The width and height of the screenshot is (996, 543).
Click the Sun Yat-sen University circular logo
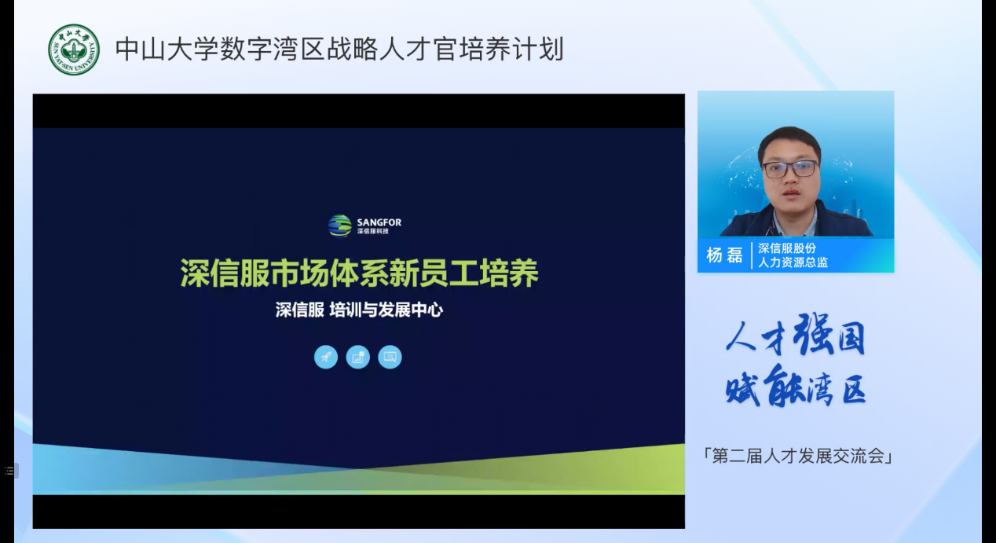pyautogui.click(x=74, y=50)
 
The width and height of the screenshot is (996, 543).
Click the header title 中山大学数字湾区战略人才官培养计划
pyautogui.click(x=340, y=49)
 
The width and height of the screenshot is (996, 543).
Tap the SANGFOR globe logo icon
pyautogui.click(x=339, y=226)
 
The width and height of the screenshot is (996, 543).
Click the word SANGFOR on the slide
pyautogui.click(x=379, y=222)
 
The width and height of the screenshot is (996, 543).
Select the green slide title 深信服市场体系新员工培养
pyautogui.click(x=359, y=273)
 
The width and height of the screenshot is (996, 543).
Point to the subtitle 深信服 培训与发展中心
pyautogui.click(x=359, y=310)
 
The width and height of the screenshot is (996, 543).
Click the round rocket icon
pyautogui.click(x=326, y=357)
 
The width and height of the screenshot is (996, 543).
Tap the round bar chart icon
pyautogui.click(x=358, y=357)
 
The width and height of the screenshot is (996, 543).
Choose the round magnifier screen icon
pyautogui.click(x=390, y=357)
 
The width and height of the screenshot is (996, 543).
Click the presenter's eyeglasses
pyautogui.click(x=790, y=168)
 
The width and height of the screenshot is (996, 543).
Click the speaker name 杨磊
pyautogui.click(x=725, y=255)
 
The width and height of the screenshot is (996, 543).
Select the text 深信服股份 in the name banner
pyautogui.click(x=787, y=248)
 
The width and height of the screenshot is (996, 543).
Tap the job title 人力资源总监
pyautogui.click(x=793, y=262)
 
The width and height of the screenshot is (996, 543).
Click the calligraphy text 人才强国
pyautogui.click(x=796, y=335)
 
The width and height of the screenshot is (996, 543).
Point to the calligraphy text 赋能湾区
pyautogui.click(x=796, y=386)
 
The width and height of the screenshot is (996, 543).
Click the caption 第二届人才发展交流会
pyautogui.click(x=798, y=456)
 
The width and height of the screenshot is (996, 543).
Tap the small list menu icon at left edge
pyautogui.click(x=9, y=471)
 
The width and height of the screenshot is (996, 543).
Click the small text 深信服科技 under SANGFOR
pyautogui.click(x=373, y=231)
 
